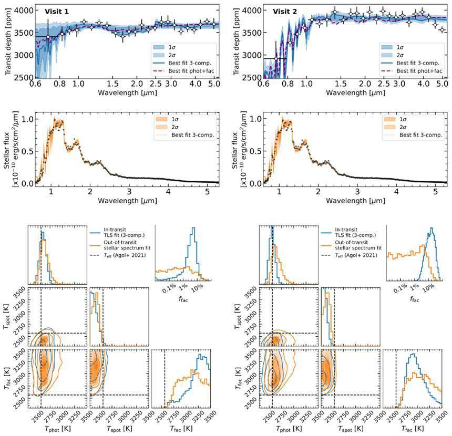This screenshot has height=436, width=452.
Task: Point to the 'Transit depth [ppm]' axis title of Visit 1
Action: pyautogui.click(x=7, y=41)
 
